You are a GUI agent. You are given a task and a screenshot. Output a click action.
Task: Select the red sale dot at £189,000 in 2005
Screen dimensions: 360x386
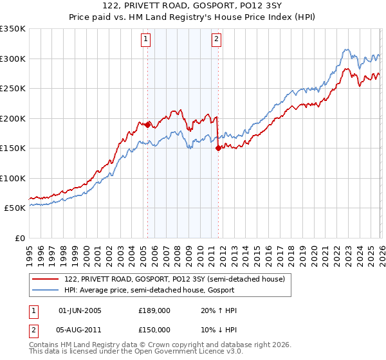click(x=147, y=124)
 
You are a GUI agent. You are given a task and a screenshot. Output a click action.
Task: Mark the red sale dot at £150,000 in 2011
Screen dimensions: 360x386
click(x=218, y=148)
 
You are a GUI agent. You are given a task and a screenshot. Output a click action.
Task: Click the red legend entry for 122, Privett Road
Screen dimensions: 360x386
click(x=179, y=278)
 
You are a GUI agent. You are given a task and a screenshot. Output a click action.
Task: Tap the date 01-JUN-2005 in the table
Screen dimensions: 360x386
click(x=80, y=310)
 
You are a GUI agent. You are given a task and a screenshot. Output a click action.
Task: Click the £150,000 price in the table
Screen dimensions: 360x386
click(x=154, y=329)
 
